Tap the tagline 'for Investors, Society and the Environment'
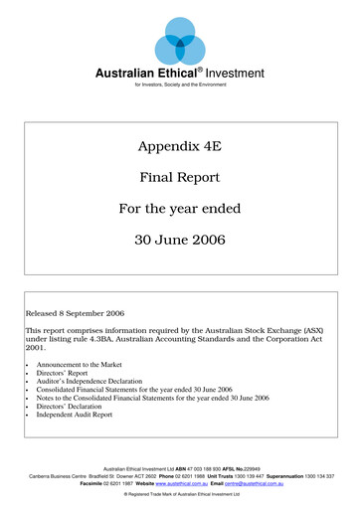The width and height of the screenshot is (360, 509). click(x=179, y=86)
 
